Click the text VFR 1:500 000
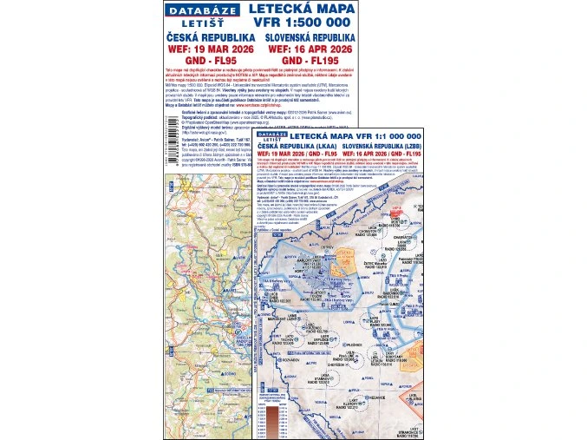(x=301, y=23)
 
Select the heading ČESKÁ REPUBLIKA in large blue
(x=211, y=38)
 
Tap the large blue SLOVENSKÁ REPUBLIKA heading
(x=311, y=38)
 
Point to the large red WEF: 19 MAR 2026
(x=211, y=50)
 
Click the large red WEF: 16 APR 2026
(x=311, y=50)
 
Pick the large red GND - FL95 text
(x=211, y=62)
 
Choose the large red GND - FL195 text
(x=311, y=62)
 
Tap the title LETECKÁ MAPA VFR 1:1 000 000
(x=347, y=136)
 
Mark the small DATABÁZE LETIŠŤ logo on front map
(x=271, y=135)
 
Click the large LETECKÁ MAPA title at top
(x=301, y=10)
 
